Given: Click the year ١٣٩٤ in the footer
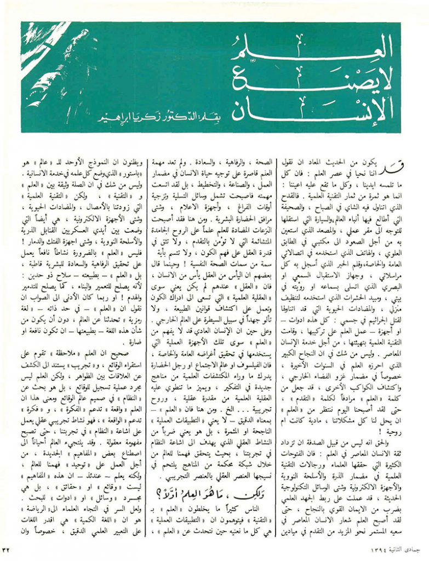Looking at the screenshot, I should (362, 549).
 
